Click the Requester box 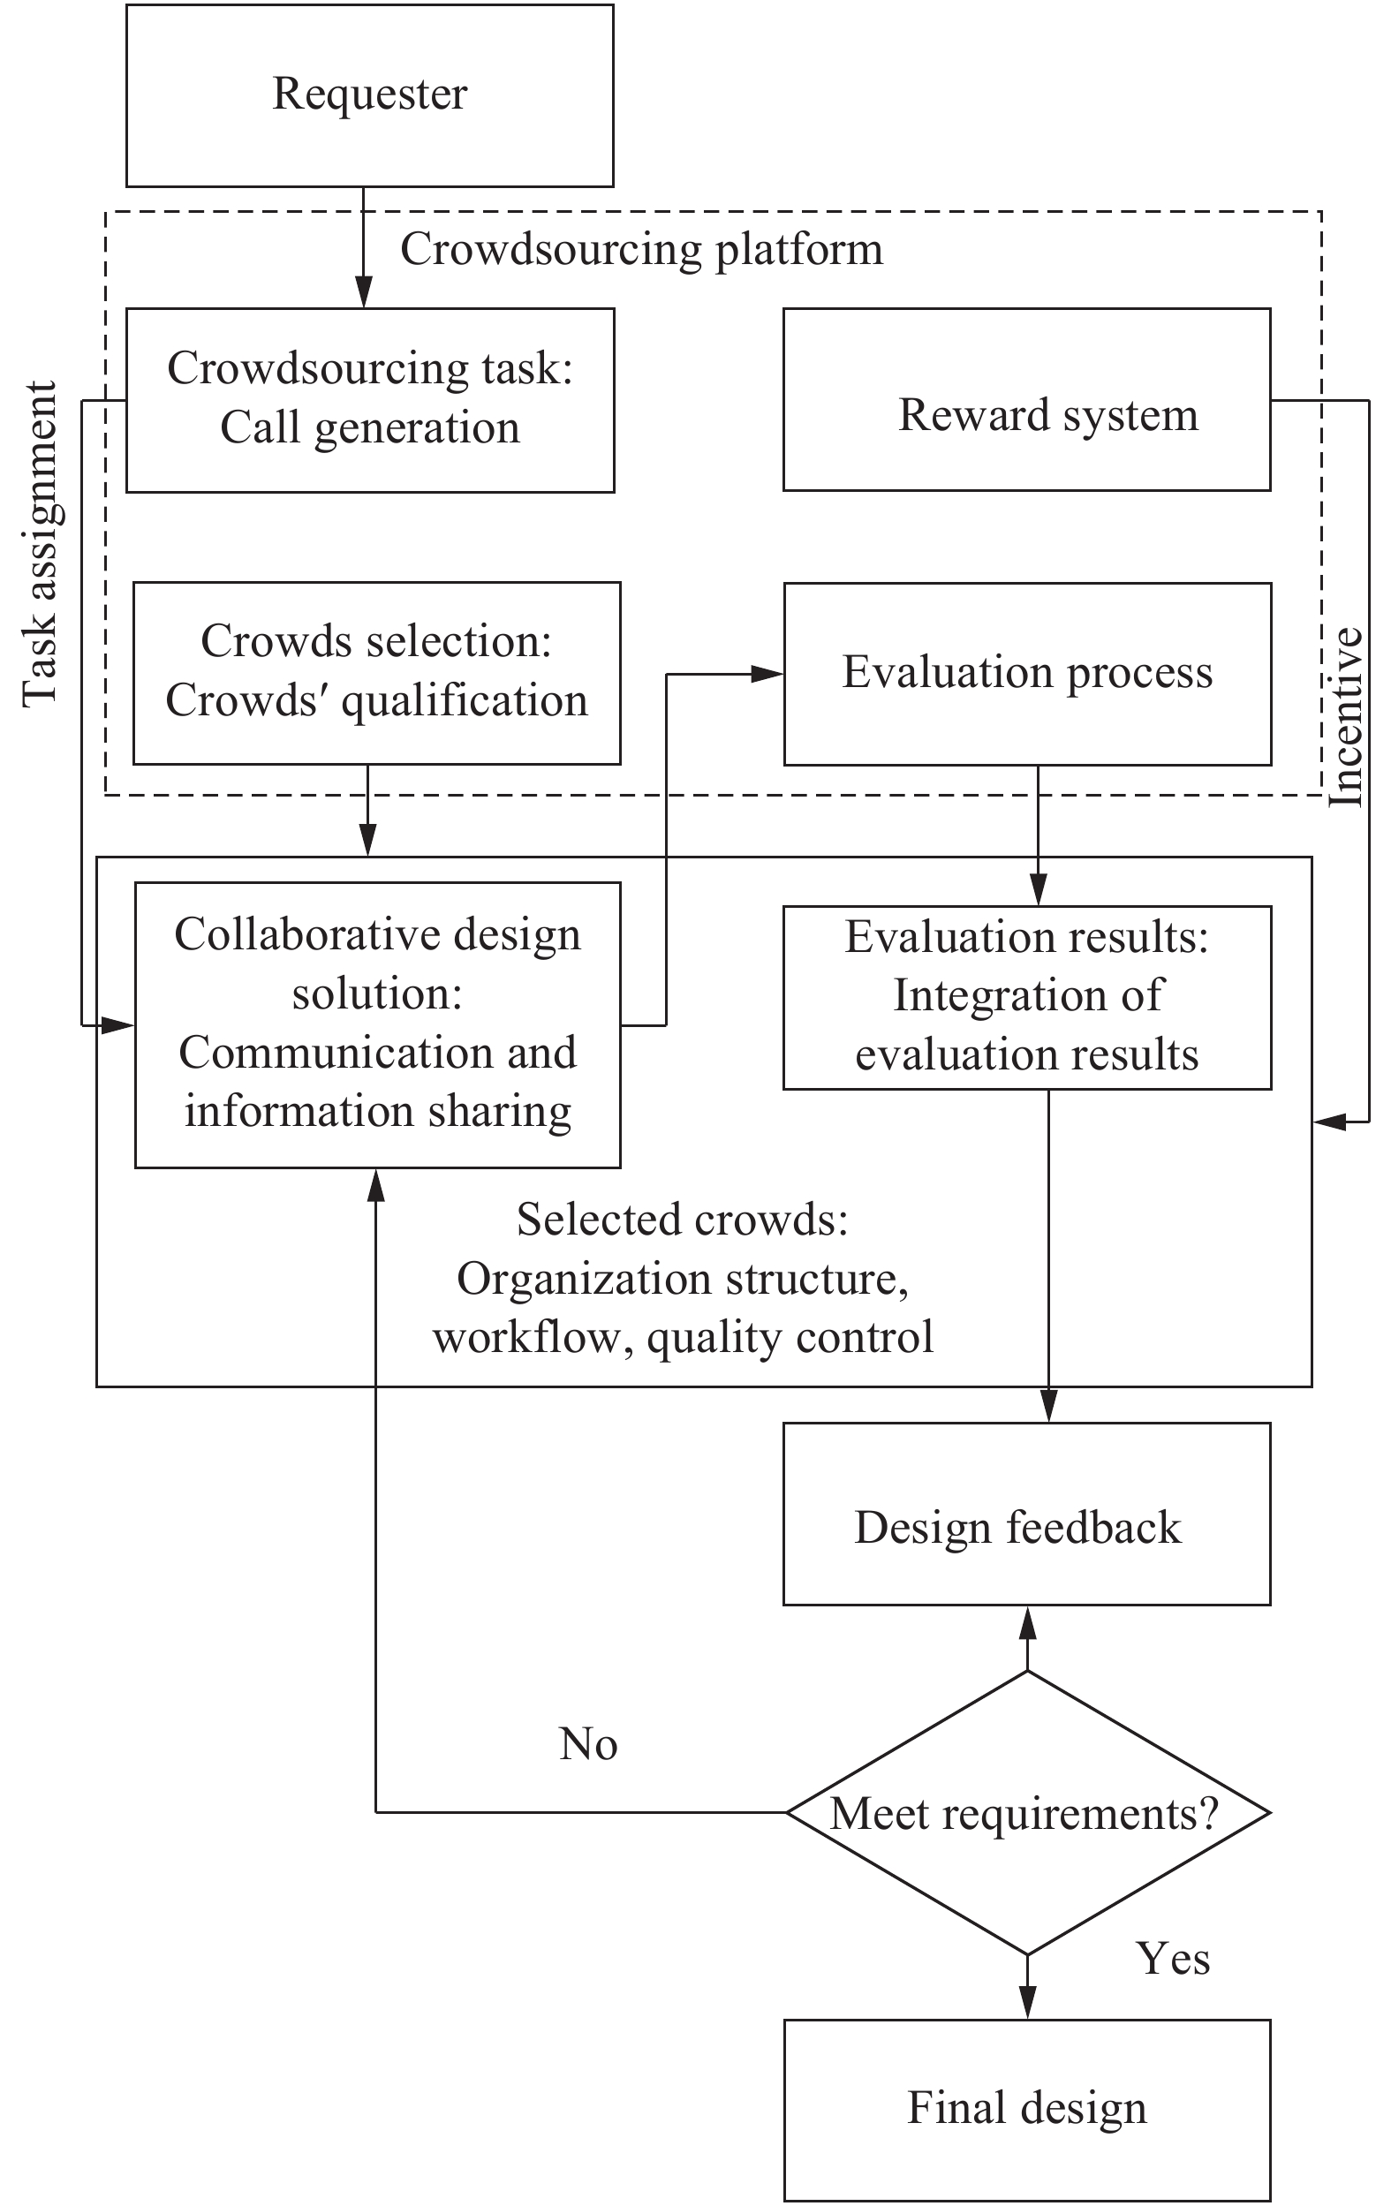369,95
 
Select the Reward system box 1026,399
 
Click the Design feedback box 1026,1527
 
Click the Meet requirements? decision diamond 1026,1812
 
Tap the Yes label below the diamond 1173,1959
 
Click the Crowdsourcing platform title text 641,249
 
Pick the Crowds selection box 376,672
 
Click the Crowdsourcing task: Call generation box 369,399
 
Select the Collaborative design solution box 377,1024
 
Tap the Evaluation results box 1026,997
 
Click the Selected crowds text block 683,1278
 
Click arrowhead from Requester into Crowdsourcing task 364,292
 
